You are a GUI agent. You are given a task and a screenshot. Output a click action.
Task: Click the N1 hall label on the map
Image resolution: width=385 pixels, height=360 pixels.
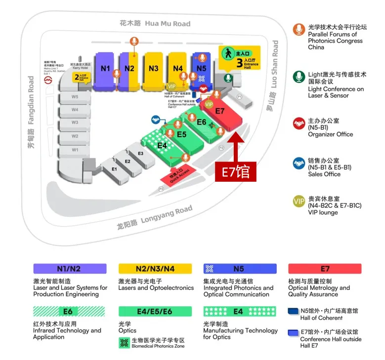pyautogui.click(x=105, y=69)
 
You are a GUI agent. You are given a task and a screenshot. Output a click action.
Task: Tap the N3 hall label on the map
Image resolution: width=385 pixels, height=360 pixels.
pyautogui.click(x=154, y=69)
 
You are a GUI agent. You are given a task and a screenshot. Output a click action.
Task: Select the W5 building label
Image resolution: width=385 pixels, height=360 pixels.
pyautogui.click(x=75, y=97)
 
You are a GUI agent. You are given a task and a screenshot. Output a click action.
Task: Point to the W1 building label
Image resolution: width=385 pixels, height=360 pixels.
pyautogui.click(x=75, y=149)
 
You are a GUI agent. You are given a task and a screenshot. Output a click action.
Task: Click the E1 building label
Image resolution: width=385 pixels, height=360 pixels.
pyautogui.click(x=114, y=169)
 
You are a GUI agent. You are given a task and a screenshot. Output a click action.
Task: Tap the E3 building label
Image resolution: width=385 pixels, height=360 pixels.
pyautogui.click(x=140, y=154)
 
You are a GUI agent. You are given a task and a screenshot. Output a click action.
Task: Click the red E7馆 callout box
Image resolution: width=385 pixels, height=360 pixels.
pyautogui.click(x=235, y=172)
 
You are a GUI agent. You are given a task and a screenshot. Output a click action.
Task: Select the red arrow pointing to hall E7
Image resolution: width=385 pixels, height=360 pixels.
pyautogui.click(x=235, y=146)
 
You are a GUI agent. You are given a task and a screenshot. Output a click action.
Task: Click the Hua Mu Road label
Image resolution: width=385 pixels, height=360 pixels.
pyautogui.click(x=155, y=23)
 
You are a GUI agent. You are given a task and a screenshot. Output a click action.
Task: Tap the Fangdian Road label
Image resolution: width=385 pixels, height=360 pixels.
pyautogui.click(x=31, y=112)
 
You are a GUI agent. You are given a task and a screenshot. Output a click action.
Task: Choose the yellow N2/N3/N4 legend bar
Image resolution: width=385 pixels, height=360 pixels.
pyautogui.click(x=155, y=269)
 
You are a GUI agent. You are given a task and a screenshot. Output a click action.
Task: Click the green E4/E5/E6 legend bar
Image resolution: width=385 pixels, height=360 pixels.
pyautogui.click(x=155, y=312)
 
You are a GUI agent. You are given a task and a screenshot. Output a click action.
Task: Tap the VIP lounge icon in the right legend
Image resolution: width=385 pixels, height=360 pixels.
pyautogui.click(x=299, y=201)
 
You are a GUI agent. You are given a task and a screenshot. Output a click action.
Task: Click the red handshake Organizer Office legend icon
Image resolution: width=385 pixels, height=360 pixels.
pyautogui.click(x=299, y=123)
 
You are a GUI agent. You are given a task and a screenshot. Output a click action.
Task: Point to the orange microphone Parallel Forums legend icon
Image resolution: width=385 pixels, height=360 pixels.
pyautogui.click(x=299, y=30)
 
